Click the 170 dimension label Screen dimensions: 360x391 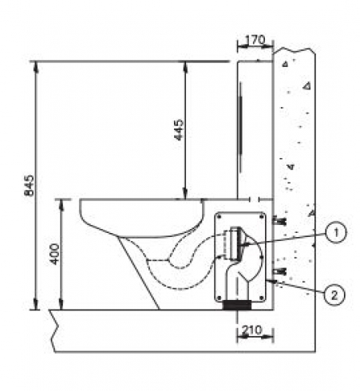click(255, 40)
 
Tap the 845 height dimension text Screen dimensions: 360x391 click(29, 185)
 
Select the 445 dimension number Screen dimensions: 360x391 click(179, 129)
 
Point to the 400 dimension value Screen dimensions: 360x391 click(55, 254)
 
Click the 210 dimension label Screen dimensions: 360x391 click(252, 330)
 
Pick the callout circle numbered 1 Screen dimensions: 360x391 click(336, 233)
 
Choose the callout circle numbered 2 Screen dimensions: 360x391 click(334, 295)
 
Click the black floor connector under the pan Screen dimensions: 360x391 click(237, 305)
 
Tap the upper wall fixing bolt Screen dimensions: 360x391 click(279, 220)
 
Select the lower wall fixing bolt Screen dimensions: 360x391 click(279, 271)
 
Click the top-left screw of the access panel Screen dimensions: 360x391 click(220, 217)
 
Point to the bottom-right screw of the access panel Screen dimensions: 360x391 click(261, 298)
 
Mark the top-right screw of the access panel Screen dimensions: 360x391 click(261, 217)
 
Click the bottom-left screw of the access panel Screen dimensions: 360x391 click(220, 298)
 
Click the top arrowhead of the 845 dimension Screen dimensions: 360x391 click(37, 67)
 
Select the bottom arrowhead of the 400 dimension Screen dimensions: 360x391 click(61, 305)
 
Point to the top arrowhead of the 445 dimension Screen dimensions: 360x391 click(184, 67)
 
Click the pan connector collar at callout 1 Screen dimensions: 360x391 click(235, 243)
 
